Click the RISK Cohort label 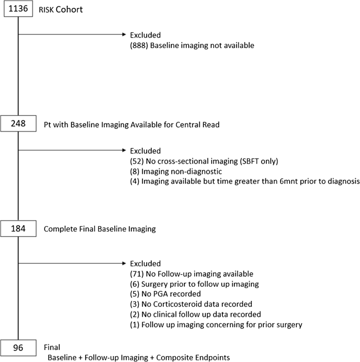pyautogui.click(x=60, y=9)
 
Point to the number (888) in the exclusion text pyautogui.click(x=139, y=45)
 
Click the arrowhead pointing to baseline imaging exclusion pyautogui.click(x=124, y=35)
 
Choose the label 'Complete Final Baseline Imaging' pyautogui.click(x=100, y=229)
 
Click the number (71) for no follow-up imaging pyautogui.click(x=137, y=274)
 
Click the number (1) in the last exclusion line pyautogui.click(x=135, y=325)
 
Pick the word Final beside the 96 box pyautogui.click(x=52, y=347)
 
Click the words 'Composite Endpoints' pyautogui.click(x=193, y=358)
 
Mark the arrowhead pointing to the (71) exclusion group pyautogui.click(x=124, y=263)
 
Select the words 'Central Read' pyautogui.click(x=198, y=125)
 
